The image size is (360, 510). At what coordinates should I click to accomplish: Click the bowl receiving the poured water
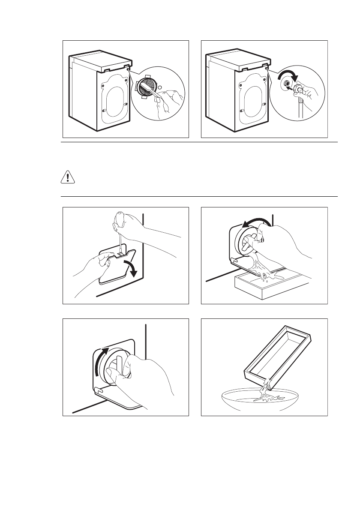click(264, 401)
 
